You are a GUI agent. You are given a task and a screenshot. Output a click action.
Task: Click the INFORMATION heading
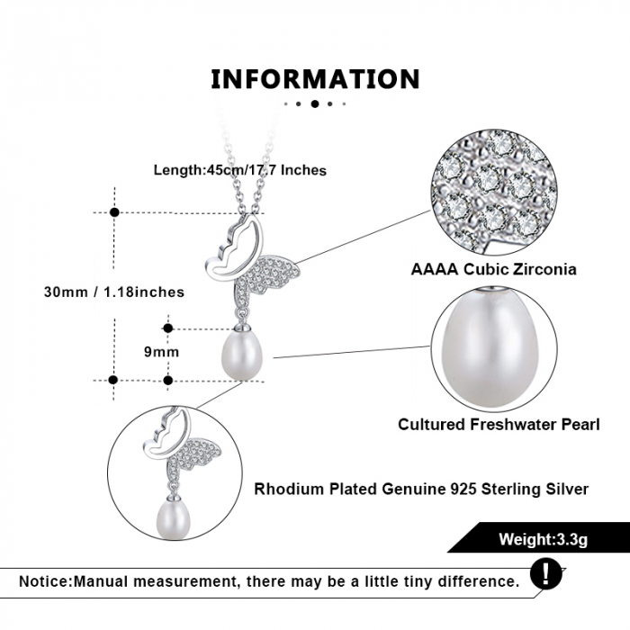[315, 79]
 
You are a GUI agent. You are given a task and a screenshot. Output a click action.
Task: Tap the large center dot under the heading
[315, 103]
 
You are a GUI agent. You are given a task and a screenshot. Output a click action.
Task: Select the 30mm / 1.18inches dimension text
[114, 292]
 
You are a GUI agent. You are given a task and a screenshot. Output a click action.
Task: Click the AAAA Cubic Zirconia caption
[493, 269]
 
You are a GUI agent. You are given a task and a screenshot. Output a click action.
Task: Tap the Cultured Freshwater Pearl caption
[499, 424]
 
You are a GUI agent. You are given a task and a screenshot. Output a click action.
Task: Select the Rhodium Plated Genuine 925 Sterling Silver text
[421, 489]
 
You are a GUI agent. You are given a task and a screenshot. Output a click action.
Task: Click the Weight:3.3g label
[544, 539]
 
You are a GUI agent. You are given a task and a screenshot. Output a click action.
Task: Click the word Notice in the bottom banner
[45, 581]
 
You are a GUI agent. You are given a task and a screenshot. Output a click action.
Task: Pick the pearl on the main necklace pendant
[241, 356]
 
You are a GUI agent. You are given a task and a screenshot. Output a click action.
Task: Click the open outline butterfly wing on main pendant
[235, 247]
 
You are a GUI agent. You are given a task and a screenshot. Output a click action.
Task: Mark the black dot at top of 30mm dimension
[114, 212]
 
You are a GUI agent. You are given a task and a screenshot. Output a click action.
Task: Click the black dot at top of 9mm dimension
[168, 328]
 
